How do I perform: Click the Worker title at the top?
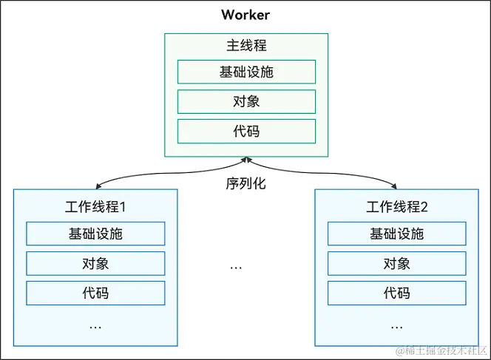(245, 15)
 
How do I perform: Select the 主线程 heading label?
(245, 45)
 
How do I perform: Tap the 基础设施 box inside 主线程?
(245, 72)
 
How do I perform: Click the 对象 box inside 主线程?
(245, 101)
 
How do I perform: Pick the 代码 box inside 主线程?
(245, 131)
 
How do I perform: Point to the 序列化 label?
(245, 183)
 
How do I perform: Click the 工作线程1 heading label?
(95, 206)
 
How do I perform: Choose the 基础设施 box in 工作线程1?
(95, 234)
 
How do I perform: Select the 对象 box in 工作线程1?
(95, 263)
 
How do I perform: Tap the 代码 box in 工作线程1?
(95, 293)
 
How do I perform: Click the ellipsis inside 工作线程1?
(95, 325)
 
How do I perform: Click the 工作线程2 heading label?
(396, 206)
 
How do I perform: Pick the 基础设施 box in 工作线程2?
(396, 234)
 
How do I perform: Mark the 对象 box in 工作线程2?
(396, 263)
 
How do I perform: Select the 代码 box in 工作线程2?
(396, 293)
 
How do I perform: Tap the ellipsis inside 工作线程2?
(396, 325)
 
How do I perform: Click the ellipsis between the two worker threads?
(236, 266)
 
